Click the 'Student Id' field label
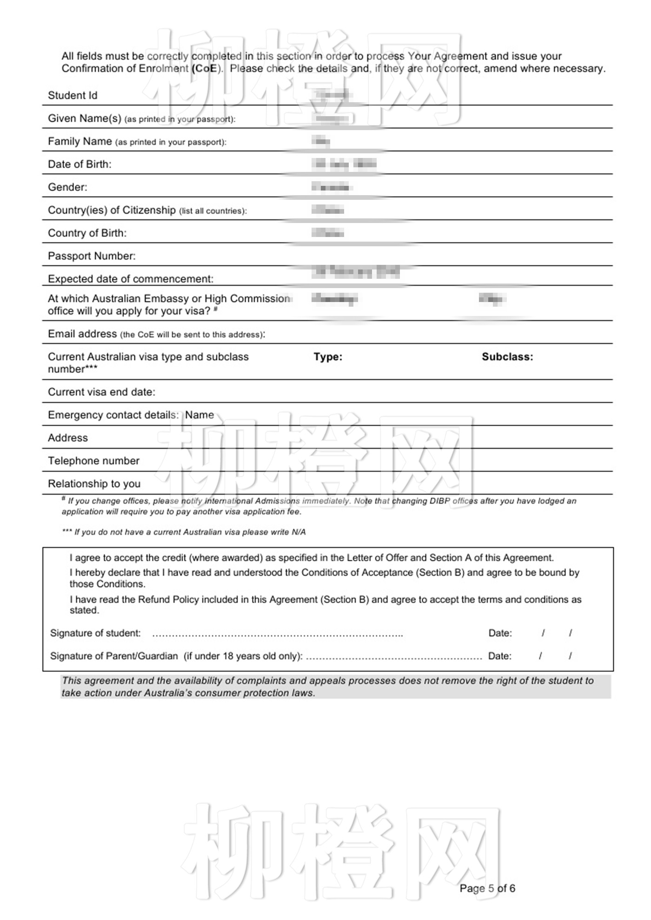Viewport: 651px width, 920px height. [73, 96]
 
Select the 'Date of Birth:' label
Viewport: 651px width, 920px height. [80, 164]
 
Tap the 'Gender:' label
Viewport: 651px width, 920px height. [67, 187]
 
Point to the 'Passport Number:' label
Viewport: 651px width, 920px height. [92, 256]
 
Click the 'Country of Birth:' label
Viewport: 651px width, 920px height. [87, 233]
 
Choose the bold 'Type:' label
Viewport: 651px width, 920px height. [328, 357]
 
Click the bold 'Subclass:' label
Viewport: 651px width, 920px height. [507, 357]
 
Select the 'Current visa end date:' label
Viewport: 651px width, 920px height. [101, 392]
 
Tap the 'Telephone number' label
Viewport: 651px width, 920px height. [93, 461]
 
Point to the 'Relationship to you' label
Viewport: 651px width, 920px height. [94, 484]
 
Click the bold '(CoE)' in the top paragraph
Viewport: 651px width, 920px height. [205, 69]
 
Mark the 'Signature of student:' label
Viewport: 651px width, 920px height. [95, 633]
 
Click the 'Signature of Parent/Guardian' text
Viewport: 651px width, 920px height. [114, 656]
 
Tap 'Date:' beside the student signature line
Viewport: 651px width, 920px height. [500, 633]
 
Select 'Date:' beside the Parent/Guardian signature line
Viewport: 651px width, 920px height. [499, 656]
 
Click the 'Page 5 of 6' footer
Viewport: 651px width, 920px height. [487, 888]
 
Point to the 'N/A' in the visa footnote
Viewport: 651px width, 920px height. [299, 532]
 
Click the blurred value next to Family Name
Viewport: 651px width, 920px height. [321, 141]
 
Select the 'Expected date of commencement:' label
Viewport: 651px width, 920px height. [131, 279]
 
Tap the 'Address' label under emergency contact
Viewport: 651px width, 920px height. [68, 438]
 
